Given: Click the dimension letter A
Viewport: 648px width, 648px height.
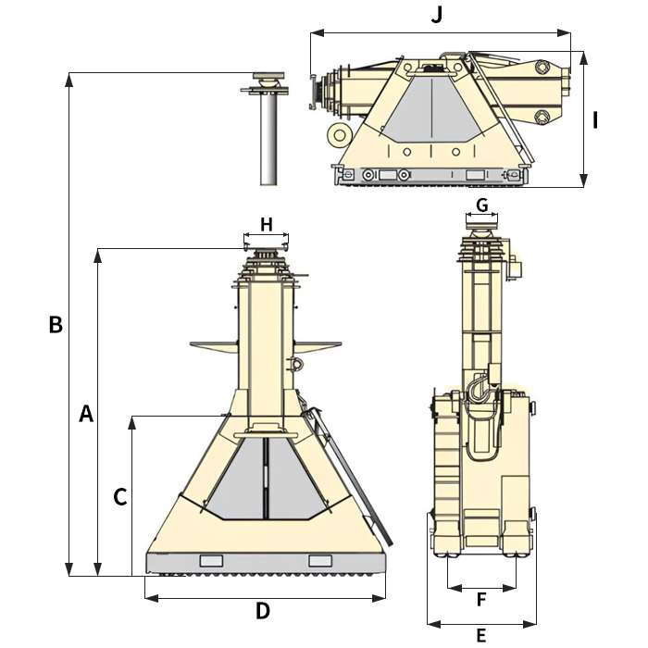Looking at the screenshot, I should coord(86,414).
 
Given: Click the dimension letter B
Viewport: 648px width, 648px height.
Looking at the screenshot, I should coord(56,325).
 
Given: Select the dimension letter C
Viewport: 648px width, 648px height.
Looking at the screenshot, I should coord(119,497).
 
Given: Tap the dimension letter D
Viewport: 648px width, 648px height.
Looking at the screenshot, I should coord(263,611).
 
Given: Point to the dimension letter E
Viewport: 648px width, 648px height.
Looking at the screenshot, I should coord(480,635).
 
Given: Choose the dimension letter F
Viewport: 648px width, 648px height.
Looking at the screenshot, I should coord(481,600).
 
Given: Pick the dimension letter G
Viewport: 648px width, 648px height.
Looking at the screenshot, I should coord(481,205).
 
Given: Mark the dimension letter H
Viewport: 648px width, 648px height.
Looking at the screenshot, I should coord(267,224).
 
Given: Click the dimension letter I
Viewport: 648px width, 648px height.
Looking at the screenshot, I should coord(597,119).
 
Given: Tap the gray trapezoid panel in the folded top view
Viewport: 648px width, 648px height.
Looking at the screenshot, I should coord(430,109).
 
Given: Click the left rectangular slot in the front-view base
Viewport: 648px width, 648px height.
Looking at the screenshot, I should coord(212,560).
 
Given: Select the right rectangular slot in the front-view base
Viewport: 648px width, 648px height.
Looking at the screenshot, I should coord(320,560).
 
